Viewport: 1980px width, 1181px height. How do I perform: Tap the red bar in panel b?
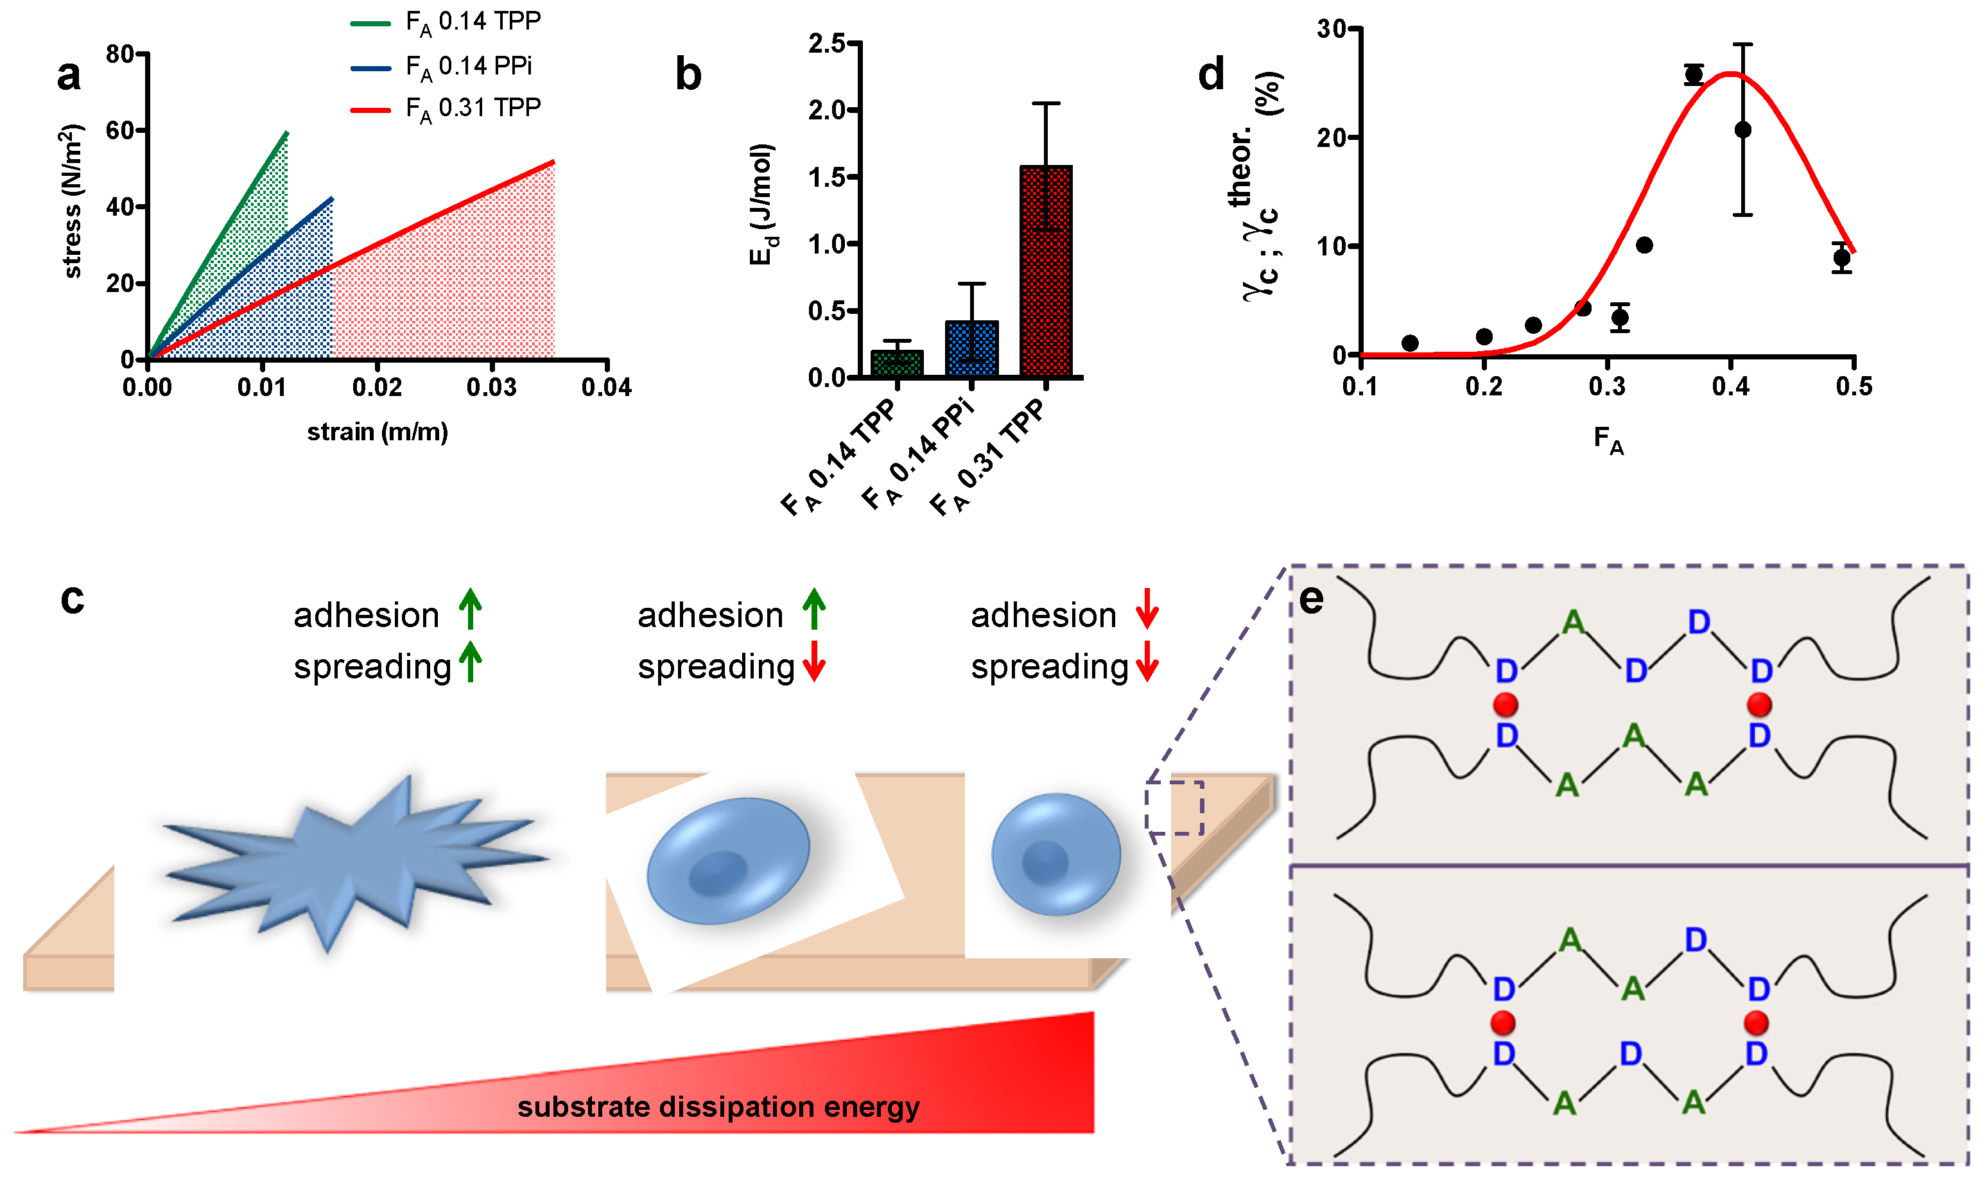point(1045,271)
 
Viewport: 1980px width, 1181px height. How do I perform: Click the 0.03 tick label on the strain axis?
point(491,388)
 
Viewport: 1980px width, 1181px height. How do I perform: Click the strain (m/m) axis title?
point(378,432)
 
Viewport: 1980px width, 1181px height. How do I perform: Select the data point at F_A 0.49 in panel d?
point(1841,257)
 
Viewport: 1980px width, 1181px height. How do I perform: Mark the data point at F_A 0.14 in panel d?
point(1409,343)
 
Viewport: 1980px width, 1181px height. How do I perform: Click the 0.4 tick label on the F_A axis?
point(1730,387)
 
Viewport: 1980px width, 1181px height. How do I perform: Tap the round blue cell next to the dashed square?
point(1055,854)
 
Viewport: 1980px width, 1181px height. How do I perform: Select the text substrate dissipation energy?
point(718,1107)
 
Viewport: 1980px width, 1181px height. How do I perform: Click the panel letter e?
point(1311,598)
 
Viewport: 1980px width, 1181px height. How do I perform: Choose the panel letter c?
point(72,598)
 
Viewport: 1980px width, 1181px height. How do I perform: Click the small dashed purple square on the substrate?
point(1174,807)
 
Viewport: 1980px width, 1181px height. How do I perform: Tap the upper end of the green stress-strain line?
point(286,133)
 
